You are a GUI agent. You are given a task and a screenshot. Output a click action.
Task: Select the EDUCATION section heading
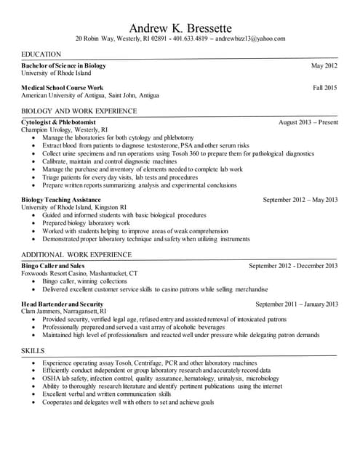[41, 55]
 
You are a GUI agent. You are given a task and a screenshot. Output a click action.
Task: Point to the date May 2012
[324, 66]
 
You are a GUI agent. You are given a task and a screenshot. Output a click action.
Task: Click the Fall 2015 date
[325, 88]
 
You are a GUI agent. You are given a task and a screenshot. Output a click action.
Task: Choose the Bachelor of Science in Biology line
[64, 66]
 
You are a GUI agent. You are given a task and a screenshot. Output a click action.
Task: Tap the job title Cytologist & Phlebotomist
[59, 122]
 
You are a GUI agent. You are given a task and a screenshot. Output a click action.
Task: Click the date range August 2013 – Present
[308, 122]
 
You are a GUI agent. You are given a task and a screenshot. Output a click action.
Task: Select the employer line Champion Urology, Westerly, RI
[65, 129]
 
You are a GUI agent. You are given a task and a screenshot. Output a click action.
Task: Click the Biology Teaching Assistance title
[61, 199]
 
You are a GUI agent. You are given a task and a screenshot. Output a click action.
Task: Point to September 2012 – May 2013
[300, 199]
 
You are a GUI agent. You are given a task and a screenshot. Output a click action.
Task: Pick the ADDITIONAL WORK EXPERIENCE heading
[76, 256]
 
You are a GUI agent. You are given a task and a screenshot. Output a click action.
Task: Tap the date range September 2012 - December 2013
[293, 266]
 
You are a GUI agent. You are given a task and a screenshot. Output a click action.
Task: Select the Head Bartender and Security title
[63, 304]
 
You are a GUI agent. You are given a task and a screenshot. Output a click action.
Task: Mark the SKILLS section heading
[33, 351]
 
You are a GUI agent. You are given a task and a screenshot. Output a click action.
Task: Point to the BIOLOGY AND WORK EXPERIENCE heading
[79, 111]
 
